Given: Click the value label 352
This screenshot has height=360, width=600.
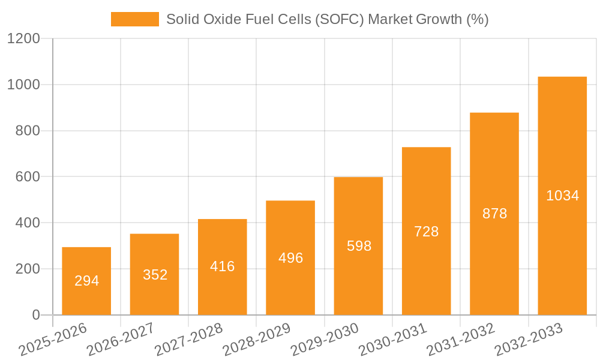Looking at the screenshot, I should pyautogui.click(x=155, y=275).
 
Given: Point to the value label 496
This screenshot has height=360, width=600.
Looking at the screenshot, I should pyautogui.click(x=291, y=258).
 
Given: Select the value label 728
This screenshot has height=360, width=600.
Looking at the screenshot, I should pyautogui.click(x=427, y=232).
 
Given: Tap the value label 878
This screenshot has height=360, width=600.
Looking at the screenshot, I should pyautogui.click(x=495, y=214).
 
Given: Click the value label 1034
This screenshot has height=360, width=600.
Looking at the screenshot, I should pyautogui.click(x=563, y=196).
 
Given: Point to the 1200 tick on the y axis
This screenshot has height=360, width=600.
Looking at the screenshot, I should pyautogui.click(x=23, y=39).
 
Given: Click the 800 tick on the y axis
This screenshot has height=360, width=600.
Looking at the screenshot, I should pyautogui.click(x=28, y=131).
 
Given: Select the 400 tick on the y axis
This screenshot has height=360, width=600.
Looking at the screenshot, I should pyautogui.click(x=28, y=223).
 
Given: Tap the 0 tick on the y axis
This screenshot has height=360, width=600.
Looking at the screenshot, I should pyautogui.click(x=36, y=315).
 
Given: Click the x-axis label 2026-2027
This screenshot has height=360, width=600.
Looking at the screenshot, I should pyautogui.click(x=120, y=339).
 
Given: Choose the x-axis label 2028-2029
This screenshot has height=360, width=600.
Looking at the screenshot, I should pyautogui.click(x=256, y=339).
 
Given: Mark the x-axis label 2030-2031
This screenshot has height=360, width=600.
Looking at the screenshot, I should pyautogui.click(x=392, y=339).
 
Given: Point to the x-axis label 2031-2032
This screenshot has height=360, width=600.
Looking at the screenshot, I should pyautogui.click(x=460, y=339).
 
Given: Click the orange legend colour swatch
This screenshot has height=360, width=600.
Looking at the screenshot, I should pyautogui.click(x=135, y=19).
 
